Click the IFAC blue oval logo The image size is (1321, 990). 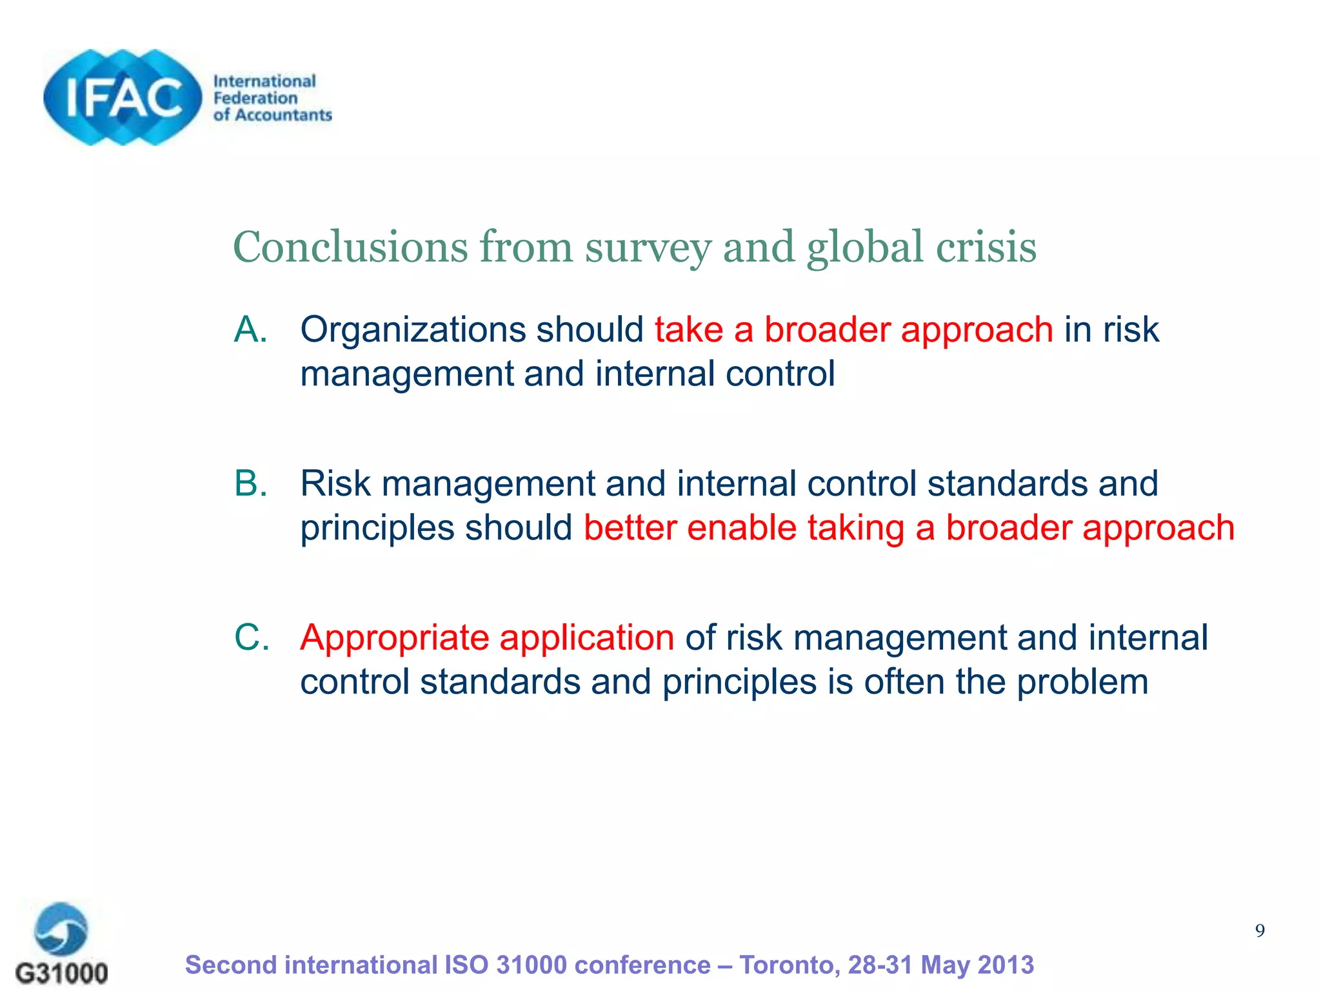[x=123, y=97]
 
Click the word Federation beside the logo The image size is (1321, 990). [x=255, y=98]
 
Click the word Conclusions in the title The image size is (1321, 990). [x=350, y=247]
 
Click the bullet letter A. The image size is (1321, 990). [x=250, y=329]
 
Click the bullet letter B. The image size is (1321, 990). [x=250, y=483]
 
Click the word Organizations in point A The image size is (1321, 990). [x=412, y=331]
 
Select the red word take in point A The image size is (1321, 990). [x=688, y=330]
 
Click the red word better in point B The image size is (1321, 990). [x=630, y=528]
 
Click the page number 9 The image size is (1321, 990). [x=1259, y=931]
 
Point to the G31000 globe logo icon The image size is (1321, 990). [x=61, y=928]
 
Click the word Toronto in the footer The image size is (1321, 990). [x=789, y=966]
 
